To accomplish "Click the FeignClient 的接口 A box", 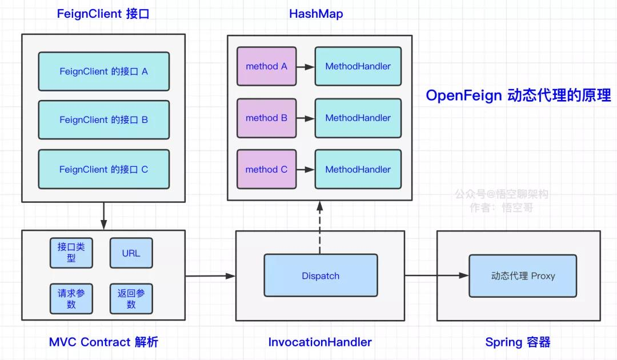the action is pyautogui.click(x=104, y=71).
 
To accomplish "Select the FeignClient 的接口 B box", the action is pyautogui.click(x=104, y=119).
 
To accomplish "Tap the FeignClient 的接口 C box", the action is pyautogui.click(x=104, y=169).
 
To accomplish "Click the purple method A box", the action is pyautogui.click(x=266, y=66).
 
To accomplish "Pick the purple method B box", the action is pyautogui.click(x=266, y=118).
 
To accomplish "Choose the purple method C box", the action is pyautogui.click(x=266, y=169).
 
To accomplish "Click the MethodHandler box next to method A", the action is pyautogui.click(x=358, y=66).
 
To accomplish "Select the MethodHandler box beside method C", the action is pyautogui.click(x=358, y=169).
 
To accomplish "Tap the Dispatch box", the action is pyautogui.click(x=320, y=275).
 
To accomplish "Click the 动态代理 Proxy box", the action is pyautogui.click(x=523, y=276).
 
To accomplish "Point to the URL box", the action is pyautogui.click(x=131, y=253).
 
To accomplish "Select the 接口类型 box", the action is pyautogui.click(x=71, y=253).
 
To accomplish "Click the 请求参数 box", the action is pyautogui.click(x=71, y=299).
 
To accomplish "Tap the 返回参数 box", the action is pyautogui.click(x=131, y=299).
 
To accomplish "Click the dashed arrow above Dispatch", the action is pyautogui.click(x=320, y=227).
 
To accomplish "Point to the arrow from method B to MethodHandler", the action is pyautogui.click(x=306, y=118).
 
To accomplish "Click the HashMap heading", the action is pyautogui.click(x=316, y=14).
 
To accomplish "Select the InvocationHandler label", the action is pyautogui.click(x=320, y=342).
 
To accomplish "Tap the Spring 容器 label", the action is pyautogui.click(x=518, y=342).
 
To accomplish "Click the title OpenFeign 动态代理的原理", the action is pyautogui.click(x=518, y=95).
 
